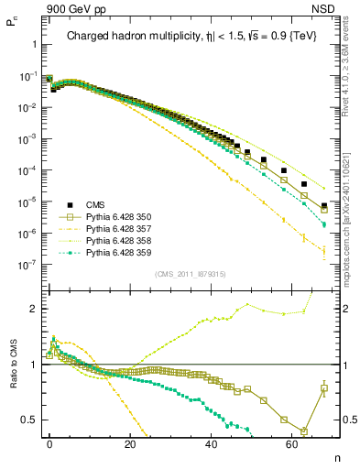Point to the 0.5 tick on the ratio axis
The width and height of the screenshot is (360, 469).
coord(30,420)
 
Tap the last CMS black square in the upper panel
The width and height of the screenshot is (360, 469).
coord(324,205)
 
